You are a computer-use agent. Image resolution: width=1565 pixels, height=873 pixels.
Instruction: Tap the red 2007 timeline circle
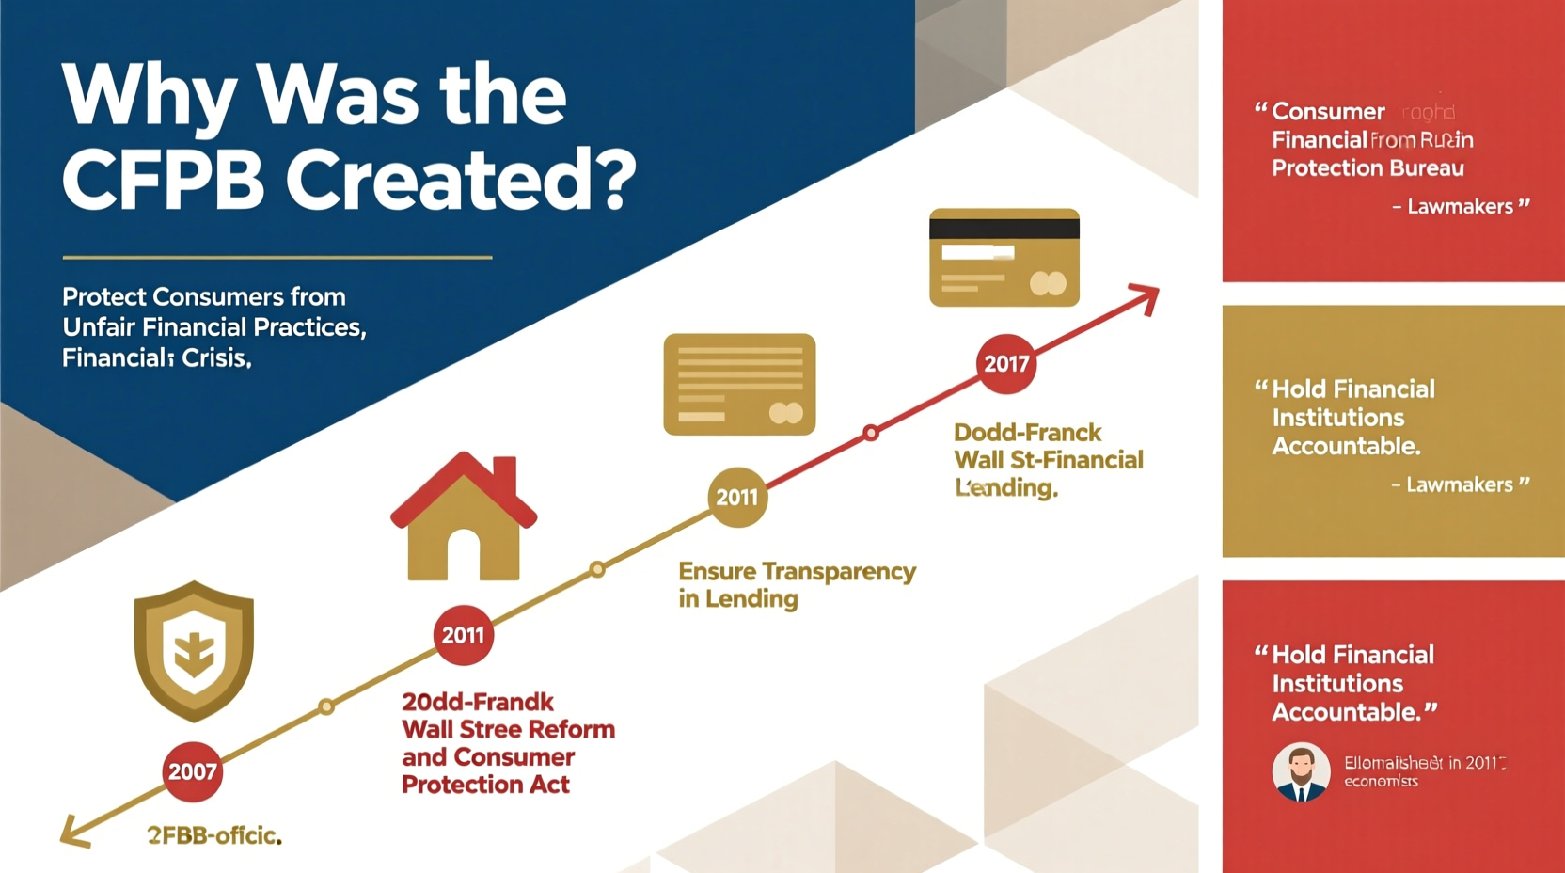(x=193, y=771)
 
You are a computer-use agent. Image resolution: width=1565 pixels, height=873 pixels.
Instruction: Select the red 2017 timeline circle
(x=1006, y=363)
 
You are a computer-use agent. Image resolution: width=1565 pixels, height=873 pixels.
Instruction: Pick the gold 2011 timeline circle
(x=737, y=497)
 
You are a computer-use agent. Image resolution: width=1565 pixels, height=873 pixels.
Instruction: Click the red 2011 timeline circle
(x=463, y=635)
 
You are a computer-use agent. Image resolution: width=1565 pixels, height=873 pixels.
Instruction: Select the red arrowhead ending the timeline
(x=1146, y=298)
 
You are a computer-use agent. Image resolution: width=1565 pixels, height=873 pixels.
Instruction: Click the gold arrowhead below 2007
(x=73, y=832)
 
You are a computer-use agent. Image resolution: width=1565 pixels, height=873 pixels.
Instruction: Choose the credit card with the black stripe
(x=1004, y=257)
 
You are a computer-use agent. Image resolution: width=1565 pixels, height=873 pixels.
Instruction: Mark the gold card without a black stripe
(x=739, y=384)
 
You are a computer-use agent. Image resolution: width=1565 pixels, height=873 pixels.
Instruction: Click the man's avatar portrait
(x=1301, y=771)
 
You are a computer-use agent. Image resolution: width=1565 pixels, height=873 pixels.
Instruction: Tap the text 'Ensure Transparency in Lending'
(x=797, y=585)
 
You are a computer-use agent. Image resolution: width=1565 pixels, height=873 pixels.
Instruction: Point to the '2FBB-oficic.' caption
(x=214, y=835)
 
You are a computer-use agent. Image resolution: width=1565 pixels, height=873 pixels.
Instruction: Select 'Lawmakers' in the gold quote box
(x=1459, y=484)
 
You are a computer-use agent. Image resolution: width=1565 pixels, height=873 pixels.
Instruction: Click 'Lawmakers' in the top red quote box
(x=1460, y=207)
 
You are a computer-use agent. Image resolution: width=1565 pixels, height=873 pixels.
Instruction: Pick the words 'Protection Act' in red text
(x=485, y=785)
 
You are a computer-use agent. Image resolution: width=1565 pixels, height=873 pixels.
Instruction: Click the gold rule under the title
(x=277, y=257)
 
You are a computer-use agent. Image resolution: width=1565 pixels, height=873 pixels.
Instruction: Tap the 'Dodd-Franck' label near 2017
(x=1027, y=433)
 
